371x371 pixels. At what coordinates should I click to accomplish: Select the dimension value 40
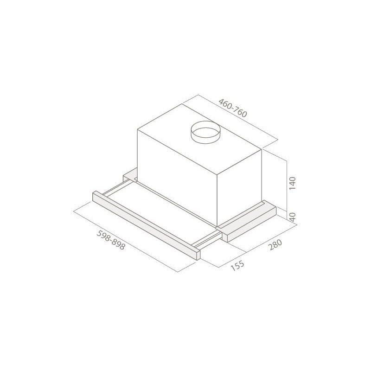click(292, 216)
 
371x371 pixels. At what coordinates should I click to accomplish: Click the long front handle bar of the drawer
click(144, 223)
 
